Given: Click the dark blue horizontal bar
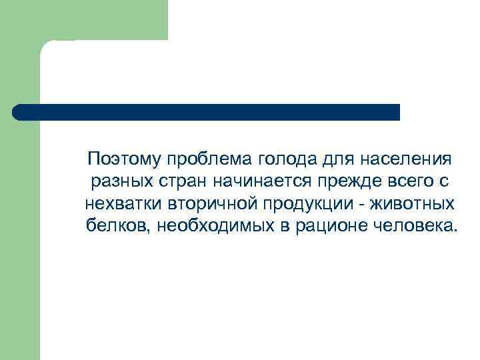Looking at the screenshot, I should coord(207,112).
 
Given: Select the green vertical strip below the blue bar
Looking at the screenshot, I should coord(20,240).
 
